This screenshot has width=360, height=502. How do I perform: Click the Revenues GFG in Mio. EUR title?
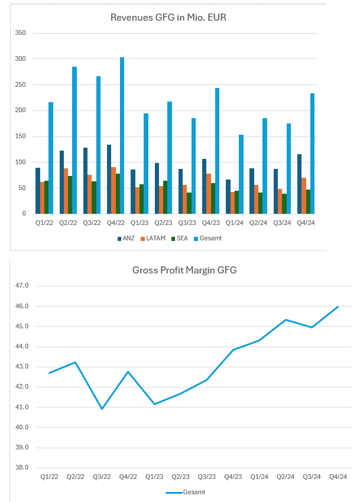(168, 18)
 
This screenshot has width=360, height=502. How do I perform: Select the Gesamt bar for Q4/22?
(122, 136)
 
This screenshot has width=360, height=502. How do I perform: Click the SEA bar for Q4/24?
(308, 201)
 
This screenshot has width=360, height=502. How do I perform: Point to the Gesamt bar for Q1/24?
(241, 174)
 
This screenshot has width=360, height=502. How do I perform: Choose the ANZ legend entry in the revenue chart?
(127, 238)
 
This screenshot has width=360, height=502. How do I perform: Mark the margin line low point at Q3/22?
(102, 409)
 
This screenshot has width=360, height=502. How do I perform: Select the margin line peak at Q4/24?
(338, 307)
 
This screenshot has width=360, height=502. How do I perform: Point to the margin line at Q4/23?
(233, 350)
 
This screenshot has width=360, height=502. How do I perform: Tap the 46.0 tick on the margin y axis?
(22, 306)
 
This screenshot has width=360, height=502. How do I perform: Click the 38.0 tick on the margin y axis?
(22, 467)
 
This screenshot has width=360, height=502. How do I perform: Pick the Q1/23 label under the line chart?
(154, 477)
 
